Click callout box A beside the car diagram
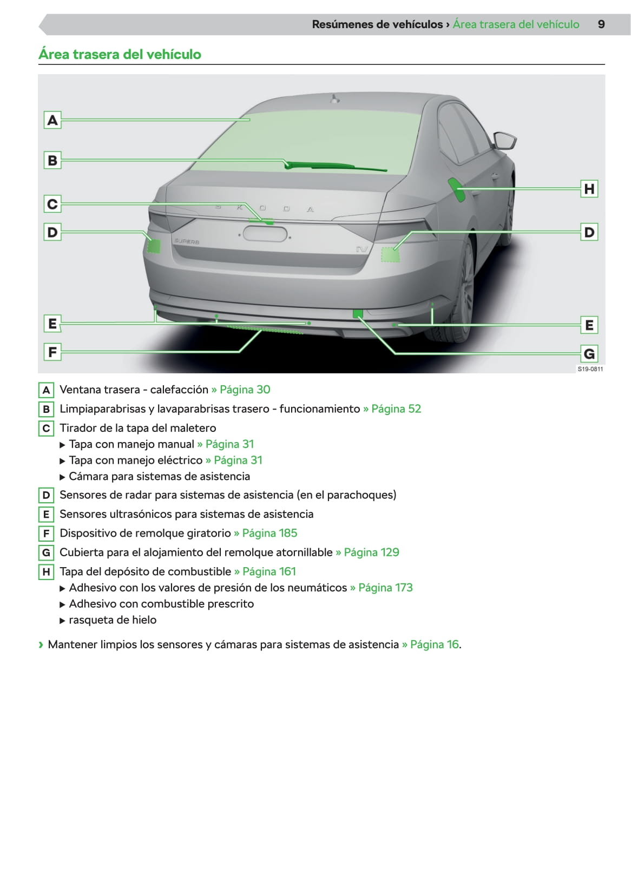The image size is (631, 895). coord(52,120)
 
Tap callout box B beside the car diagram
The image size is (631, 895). coord(52,160)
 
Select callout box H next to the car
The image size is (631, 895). coord(589,189)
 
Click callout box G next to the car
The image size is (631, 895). coord(589,354)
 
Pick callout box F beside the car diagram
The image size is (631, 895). coord(52,352)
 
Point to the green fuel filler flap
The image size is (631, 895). coord(456,189)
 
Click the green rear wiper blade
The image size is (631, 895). coord(336,167)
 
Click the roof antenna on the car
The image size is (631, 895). coord(335,99)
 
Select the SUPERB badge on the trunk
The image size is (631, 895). coord(187,241)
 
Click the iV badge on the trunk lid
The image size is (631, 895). coord(361,249)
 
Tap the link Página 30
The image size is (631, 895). coord(245,390)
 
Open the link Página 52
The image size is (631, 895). coord(396,409)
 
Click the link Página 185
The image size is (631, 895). coord(270,533)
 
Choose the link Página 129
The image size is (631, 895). coord(371,552)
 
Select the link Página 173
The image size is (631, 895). coord(385,588)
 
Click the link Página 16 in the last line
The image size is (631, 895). coord(435,644)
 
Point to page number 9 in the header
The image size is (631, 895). coord(601,24)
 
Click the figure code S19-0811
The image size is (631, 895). coord(590,369)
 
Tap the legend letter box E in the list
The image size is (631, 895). coord(46,514)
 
